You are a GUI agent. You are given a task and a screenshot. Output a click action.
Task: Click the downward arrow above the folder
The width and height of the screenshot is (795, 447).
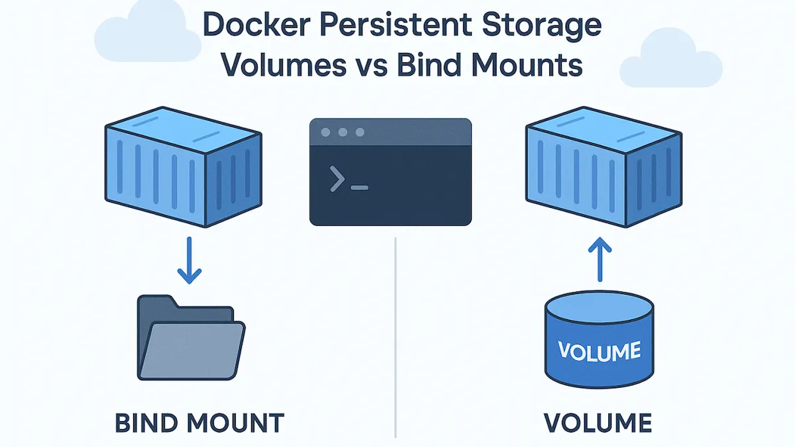click(189, 262)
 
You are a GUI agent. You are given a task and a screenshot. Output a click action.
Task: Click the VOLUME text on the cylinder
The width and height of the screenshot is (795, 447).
click(599, 350)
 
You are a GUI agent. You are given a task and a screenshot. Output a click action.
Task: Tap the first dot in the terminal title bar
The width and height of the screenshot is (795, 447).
click(325, 133)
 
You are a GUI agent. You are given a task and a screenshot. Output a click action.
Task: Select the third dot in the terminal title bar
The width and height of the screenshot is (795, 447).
click(360, 133)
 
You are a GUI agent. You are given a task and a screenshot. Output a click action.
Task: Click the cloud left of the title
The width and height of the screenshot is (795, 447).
click(148, 32)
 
